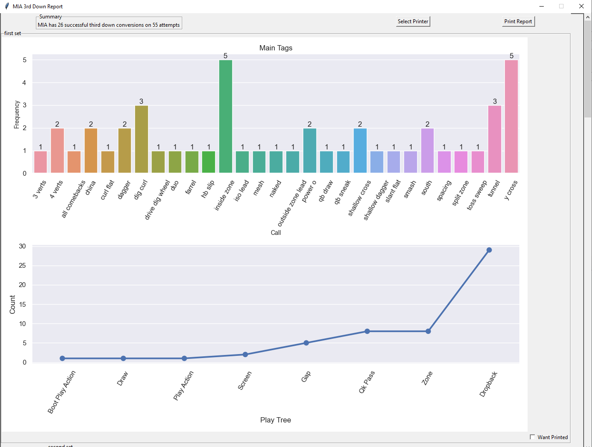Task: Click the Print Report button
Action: pyautogui.click(x=518, y=21)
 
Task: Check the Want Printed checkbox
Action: pyautogui.click(x=532, y=437)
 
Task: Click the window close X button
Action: pyautogui.click(x=581, y=6)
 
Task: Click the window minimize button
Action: pyautogui.click(x=542, y=6)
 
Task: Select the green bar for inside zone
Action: pyautogui.click(x=226, y=117)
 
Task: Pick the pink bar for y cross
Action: pyautogui.click(x=511, y=117)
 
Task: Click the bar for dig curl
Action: pyautogui.click(x=141, y=139)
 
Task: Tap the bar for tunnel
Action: pyautogui.click(x=495, y=139)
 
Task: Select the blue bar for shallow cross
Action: pyautogui.click(x=360, y=151)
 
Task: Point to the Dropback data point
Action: pyautogui.click(x=489, y=250)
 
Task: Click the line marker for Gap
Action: pyautogui.click(x=306, y=343)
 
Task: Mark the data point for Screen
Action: pyautogui.click(x=245, y=355)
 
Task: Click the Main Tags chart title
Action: pyautogui.click(x=276, y=48)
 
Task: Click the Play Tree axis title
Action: pyautogui.click(x=275, y=420)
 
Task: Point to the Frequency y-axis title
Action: pyautogui.click(x=17, y=114)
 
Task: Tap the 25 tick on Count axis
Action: pyautogui.click(x=22, y=266)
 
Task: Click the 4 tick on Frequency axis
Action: pyautogui.click(x=25, y=83)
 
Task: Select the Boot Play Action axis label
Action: pyautogui.click(x=62, y=392)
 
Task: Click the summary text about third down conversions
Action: pyautogui.click(x=109, y=25)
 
